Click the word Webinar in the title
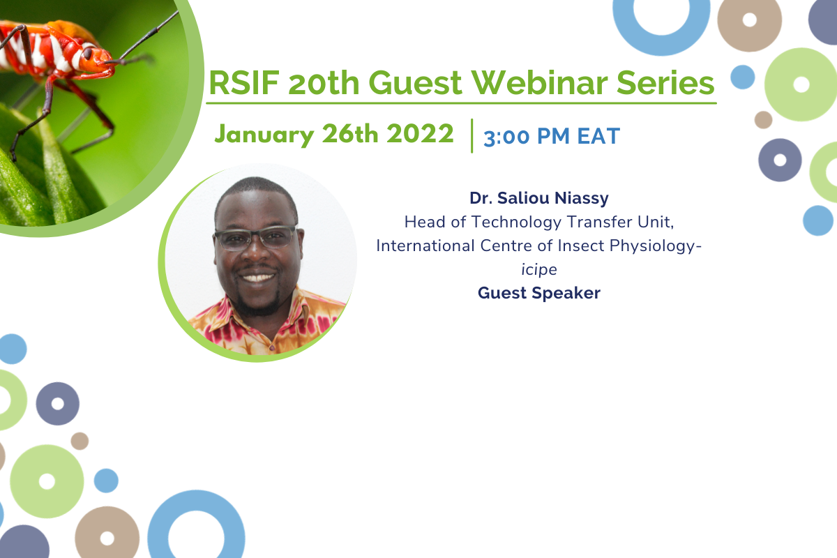pyautogui.click(x=538, y=83)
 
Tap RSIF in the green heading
pyautogui.click(x=244, y=83)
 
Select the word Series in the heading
pyautogui.click(x=665, y=83)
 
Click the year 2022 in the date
pyautogui.click(x=420, y=133)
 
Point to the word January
pyautogui.click(x=264, y=135)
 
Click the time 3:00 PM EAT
pyautogui.click(x=552, y=136)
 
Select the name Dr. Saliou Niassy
pyautogui.click(x=538, y=199)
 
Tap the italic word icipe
pyautogui.click(x=538, y=270)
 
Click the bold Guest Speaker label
pyautogui.click(x=538, y=293)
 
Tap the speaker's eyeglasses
pyautogui.click(x=255, y=238)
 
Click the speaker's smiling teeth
pyautogui.click(x=257, y=278)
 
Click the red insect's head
pyautogui.click(x=96, y=59)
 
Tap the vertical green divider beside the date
pyautogui.click(x=472, y=136)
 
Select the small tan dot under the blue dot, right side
pyautogui.click(x=763, y=119)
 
